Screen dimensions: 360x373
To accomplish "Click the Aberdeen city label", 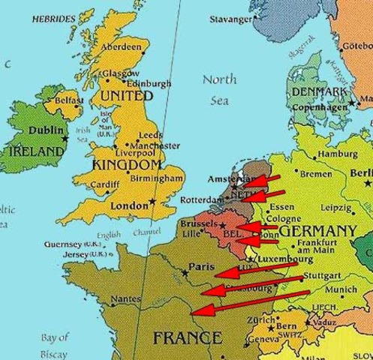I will tap(122, 46).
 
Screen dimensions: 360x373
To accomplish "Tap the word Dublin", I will tap(46, 130).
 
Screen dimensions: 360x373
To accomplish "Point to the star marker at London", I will tap(152, 201).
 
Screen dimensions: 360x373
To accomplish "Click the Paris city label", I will tap(202, 266).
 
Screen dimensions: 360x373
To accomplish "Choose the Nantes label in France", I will tap(125, 298).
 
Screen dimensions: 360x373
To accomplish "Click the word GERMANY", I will tap(318, 230).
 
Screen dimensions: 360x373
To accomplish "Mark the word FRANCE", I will tap(187, 338).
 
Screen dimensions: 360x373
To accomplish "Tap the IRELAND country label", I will tap(37, 151).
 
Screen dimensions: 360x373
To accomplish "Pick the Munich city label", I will tap(341, 289).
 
